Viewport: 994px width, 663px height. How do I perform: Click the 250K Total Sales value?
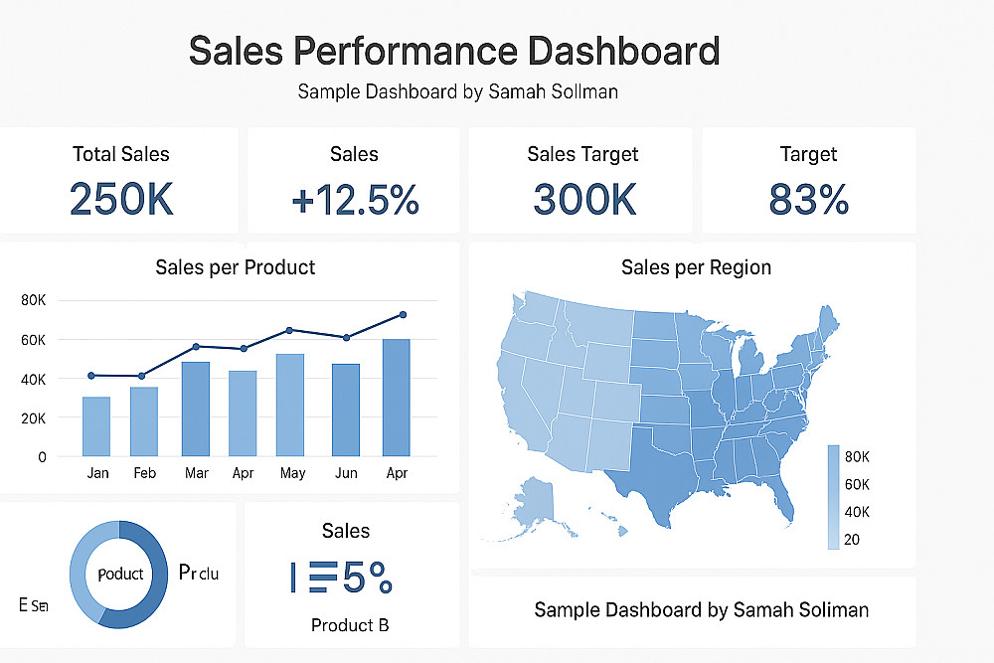click(121, 199)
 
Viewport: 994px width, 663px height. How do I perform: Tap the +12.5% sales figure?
click(355, 200)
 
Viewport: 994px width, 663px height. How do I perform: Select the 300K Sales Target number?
click(583, 199)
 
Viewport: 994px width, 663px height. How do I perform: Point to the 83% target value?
click(808, 200)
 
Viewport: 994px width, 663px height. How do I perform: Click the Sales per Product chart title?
click(236, 266)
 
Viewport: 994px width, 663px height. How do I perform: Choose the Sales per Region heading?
click(696, 266)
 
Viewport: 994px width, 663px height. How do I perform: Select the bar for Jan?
click(96, 426)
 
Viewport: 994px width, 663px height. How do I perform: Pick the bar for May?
click(290, 405)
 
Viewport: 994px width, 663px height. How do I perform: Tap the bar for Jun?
click(346, 410)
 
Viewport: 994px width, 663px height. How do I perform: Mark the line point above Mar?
click(196, 346)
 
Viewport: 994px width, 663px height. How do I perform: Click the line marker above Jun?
click(346, 337)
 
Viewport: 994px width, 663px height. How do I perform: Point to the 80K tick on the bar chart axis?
click(34, 300)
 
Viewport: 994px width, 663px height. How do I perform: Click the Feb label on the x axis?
click(145, 473)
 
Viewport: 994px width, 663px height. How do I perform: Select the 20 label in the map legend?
click(852, 540)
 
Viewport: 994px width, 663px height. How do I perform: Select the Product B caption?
click(349, 625)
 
